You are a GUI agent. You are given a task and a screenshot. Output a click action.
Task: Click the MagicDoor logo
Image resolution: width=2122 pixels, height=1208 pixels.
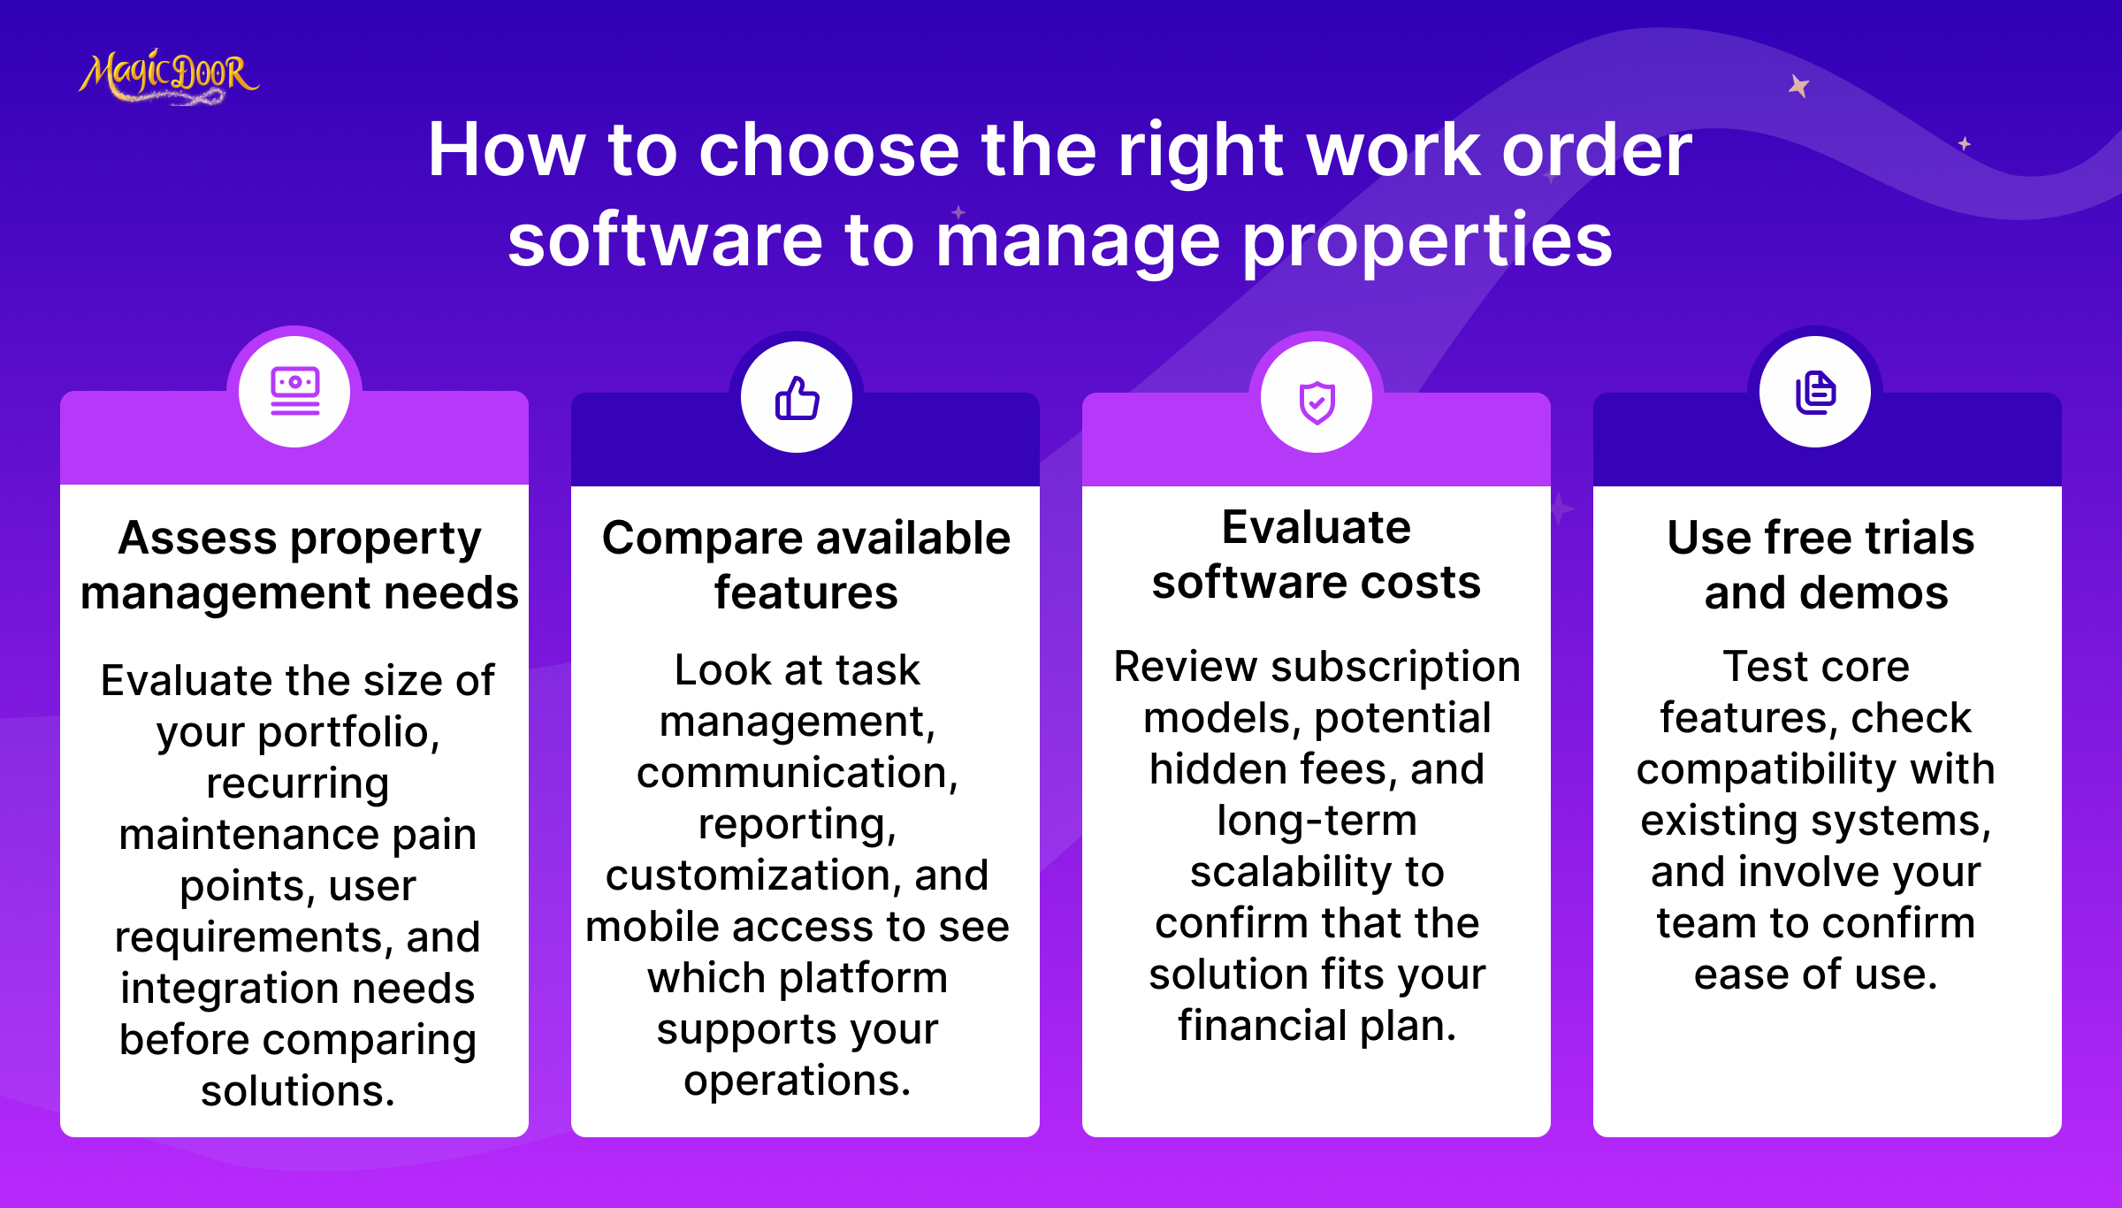coord(169,77)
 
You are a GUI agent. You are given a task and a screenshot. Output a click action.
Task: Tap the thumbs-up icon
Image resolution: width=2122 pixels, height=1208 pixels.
coord(797,398)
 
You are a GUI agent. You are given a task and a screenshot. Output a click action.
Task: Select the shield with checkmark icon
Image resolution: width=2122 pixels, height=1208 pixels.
coord(1317,402)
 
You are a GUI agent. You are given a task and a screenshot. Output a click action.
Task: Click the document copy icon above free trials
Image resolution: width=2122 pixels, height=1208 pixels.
coord(1815,393)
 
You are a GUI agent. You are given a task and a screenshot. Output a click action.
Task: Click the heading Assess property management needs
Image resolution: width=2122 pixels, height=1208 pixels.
coord(300,565)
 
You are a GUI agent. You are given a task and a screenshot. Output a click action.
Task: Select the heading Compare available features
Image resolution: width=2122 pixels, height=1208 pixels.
coord(805,565)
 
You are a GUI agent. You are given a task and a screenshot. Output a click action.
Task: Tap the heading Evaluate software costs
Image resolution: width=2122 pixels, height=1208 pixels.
coord(1317,554)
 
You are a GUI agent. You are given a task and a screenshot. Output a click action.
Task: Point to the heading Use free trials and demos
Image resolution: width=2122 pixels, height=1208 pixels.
coord(1822,565)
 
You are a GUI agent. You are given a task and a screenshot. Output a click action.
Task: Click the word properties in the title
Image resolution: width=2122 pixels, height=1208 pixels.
coord(1428,241)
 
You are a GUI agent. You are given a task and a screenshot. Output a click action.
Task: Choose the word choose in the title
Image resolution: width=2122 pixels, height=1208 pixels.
coord(829,149)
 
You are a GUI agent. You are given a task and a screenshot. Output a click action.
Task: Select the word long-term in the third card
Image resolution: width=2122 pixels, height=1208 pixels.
coord(1317,822)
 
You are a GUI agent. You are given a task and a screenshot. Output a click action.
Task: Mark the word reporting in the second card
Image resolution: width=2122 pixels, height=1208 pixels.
coord(797,825)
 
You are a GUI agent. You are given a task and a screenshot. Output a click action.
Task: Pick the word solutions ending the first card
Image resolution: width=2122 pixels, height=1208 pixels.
coord(297,1091)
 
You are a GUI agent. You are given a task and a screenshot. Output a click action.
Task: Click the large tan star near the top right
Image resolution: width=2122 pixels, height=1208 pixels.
coord(1798,86)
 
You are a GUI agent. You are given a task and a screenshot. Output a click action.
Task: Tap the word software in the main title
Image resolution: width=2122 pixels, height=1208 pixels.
coord(665,241)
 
